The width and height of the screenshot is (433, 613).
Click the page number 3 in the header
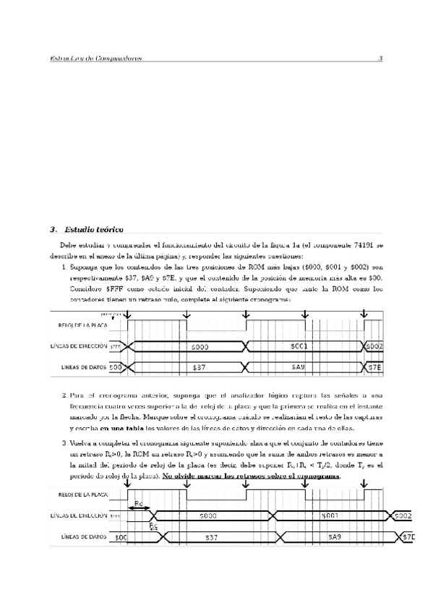[380, 59]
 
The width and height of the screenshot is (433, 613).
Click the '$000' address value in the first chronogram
[200, 346]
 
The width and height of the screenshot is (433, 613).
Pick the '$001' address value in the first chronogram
[299, 346]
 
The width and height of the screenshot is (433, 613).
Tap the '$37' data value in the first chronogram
[200, 367]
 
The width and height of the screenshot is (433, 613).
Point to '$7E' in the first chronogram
[374, 367]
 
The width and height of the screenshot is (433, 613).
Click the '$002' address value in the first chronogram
[374, 346]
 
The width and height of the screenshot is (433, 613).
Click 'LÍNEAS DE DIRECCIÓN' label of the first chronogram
[77, 346]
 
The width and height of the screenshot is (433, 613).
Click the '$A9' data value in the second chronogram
[334, 537]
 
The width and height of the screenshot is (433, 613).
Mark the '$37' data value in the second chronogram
[212, 537]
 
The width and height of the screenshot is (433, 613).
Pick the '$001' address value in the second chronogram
[330, 516]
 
